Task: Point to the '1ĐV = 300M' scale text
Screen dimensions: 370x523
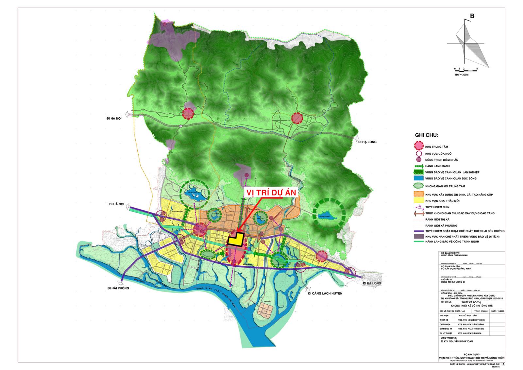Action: [x=462, y=75]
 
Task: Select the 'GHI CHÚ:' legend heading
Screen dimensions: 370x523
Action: [x=427, y=135]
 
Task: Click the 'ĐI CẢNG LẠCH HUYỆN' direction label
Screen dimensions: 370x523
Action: [x=325, y=294]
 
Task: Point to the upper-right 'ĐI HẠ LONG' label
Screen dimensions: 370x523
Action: [x=367, y=142]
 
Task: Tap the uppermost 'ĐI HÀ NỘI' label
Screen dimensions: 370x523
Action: [x=111, y=119]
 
